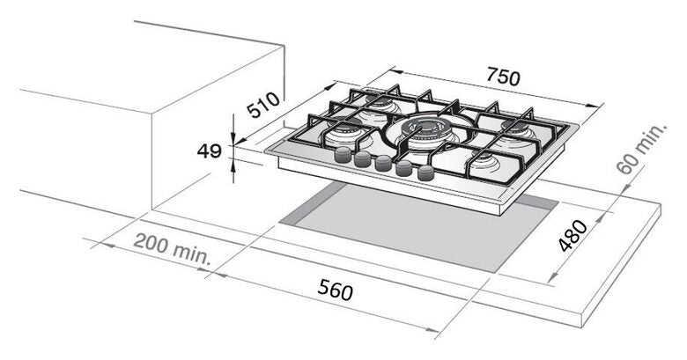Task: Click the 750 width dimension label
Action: click(x=504, y=77)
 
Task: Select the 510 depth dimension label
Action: click(x=262, y=105)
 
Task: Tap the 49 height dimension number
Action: click(x=209, y=151)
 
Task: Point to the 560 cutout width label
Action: click(x=336, y=290)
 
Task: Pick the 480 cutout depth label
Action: click(x=573, y=236)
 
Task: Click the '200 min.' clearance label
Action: click(x=172, y=248)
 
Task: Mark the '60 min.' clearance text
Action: click(x=641, y=149)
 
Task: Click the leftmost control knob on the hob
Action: click(x=343, y=155)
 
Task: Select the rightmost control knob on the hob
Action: click(x=425, y=173)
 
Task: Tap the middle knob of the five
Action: click(x=383, y=164)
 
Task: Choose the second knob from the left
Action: click(x=363, y=159)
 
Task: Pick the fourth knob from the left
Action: click(x=404, y=168)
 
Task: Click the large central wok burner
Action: click(x=425, y=130)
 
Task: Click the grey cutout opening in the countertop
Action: click(x=418, y=228)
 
